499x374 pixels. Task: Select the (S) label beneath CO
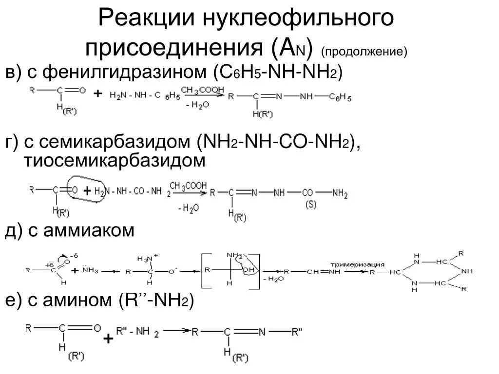coord(311,205)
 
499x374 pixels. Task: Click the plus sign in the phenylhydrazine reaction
coord(97,93)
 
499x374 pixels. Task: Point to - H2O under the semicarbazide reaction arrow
coord(188,208)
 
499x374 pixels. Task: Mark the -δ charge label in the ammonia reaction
coord(74,256)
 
